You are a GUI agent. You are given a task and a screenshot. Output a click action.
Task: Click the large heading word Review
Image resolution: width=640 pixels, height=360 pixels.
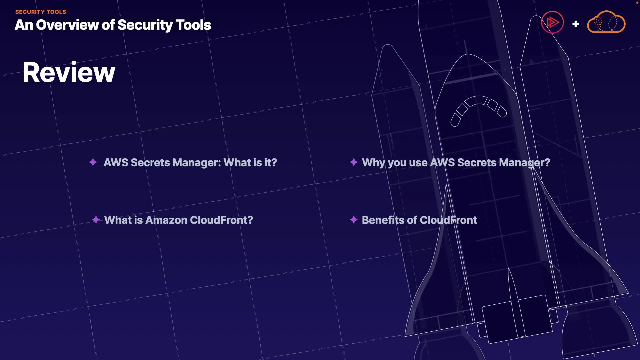pyautogui.click(x=69, y=72)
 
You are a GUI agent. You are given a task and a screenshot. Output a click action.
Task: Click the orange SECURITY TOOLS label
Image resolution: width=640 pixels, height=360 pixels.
pyautogui.click(x=41, y=12)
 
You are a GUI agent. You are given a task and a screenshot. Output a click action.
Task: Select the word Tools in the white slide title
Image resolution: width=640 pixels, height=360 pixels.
pyautogui.click(x=193, y=25)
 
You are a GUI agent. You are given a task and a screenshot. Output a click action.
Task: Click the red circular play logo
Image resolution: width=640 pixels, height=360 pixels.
pyautogui.click(x=552, y=23)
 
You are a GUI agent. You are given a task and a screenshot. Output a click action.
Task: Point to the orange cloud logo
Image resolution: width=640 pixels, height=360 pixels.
pyautogui.click(x=606, y=23)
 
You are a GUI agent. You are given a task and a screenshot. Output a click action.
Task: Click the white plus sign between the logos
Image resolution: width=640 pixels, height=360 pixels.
pyautogui.click(x=575, y=24)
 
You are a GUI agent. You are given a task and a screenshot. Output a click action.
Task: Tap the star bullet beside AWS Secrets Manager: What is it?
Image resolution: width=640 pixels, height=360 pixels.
pyautogui.click(x=93, y=162)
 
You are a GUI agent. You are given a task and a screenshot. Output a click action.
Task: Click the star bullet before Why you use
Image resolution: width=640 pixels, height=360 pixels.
pyautogui.click(x=354, y=162)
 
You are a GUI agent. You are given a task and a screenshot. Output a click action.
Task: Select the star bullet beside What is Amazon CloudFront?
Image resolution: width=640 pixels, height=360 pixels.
pyautogui.click(x=96, y=220)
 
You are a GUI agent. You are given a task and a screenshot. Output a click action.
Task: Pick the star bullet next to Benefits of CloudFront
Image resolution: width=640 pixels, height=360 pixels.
pyautogui.click(x=354, y=220)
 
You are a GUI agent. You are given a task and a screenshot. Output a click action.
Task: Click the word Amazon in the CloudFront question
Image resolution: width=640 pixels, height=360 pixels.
pyautogui.click(x=166, y=220)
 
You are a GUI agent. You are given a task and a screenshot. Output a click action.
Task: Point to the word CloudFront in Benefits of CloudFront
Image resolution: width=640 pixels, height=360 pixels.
pyautogui.click(x=448, y=220)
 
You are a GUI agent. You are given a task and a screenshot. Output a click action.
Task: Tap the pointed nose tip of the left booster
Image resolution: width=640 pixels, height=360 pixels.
pyautogui.click(x=388, y=46)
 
